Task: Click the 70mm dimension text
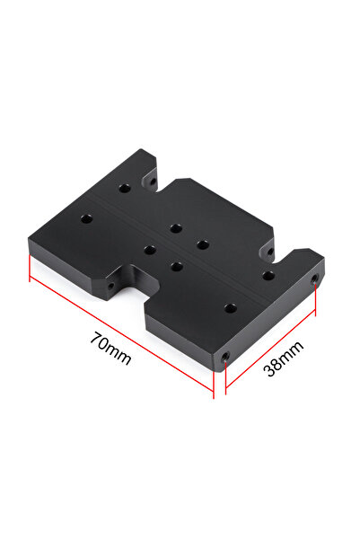pos(111,349)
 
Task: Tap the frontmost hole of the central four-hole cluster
pos(176,266)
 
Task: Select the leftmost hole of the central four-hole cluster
pos(149,250)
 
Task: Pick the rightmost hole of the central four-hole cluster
pos(203,243)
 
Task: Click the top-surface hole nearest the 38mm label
pos(231,307)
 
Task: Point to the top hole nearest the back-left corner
pos(126,188)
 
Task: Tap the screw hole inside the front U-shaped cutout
pos(111,287)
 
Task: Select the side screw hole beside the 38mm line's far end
pos(314,280)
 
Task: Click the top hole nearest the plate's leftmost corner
pos(86,218)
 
